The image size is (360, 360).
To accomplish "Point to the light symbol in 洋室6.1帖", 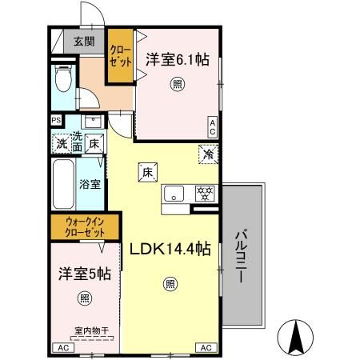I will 176,83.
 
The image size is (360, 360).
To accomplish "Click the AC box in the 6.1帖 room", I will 212,126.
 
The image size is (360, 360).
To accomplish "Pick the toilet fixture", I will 64,78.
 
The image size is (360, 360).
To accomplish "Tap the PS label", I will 56,121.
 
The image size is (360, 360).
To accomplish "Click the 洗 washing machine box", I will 61,145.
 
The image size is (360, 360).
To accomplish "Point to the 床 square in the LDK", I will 147,171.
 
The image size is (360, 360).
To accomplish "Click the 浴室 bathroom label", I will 89,184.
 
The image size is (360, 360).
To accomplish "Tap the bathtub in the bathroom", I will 63,183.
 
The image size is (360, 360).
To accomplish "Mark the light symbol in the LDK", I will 170,282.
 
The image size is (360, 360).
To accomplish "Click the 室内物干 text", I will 90,329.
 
